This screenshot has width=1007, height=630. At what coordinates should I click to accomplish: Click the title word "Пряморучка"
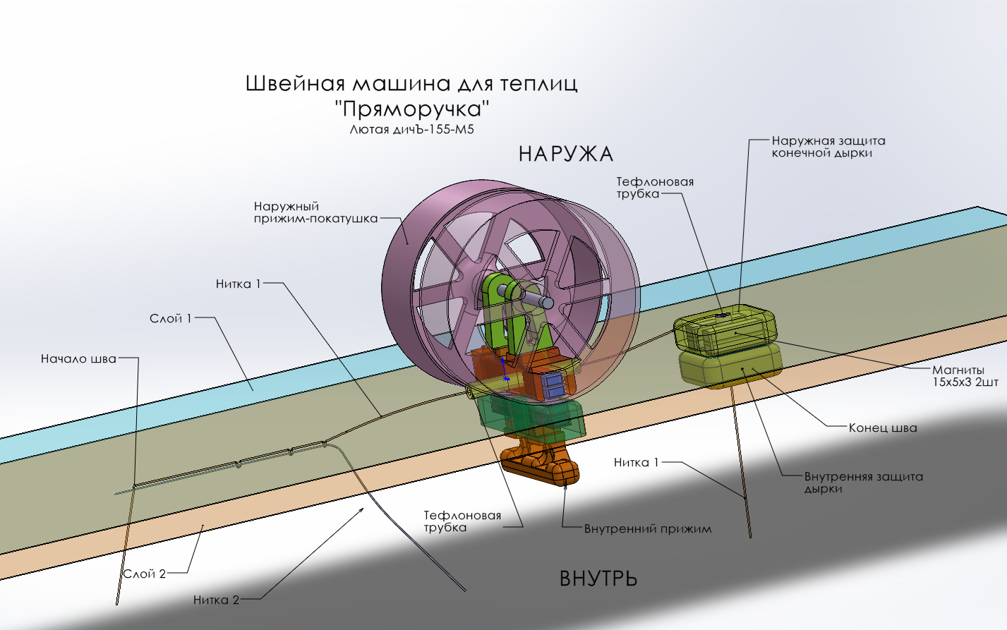(412, 109)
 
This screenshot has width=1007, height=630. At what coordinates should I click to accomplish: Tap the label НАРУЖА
(565, 154)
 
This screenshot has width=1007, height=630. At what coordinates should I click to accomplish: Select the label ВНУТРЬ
(598, 578)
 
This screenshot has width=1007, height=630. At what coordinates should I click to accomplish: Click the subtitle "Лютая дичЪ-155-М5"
(412, 130)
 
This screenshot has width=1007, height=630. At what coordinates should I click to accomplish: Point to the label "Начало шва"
(78, 359)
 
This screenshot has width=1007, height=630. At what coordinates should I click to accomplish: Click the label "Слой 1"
(170, 319)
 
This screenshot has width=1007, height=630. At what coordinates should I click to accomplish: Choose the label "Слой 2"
(145, 574)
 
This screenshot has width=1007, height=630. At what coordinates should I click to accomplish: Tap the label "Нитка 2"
(216, 600)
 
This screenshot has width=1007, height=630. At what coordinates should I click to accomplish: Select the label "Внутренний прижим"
(647, 529)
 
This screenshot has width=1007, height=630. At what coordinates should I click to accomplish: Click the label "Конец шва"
(882, 428)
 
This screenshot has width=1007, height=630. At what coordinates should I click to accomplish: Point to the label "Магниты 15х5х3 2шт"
(965, 376)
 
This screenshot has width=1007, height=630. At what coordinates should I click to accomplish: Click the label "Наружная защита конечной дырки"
(828, 147)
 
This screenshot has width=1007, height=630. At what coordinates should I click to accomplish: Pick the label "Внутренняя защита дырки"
(863, 483)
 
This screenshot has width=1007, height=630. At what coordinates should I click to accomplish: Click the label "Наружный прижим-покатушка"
(315, 212)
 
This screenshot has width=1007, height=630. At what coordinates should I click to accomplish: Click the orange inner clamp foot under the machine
(541, 466)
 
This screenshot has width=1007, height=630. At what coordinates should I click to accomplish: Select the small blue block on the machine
(553, 383)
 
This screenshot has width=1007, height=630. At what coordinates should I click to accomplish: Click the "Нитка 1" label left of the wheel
(238, 284)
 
